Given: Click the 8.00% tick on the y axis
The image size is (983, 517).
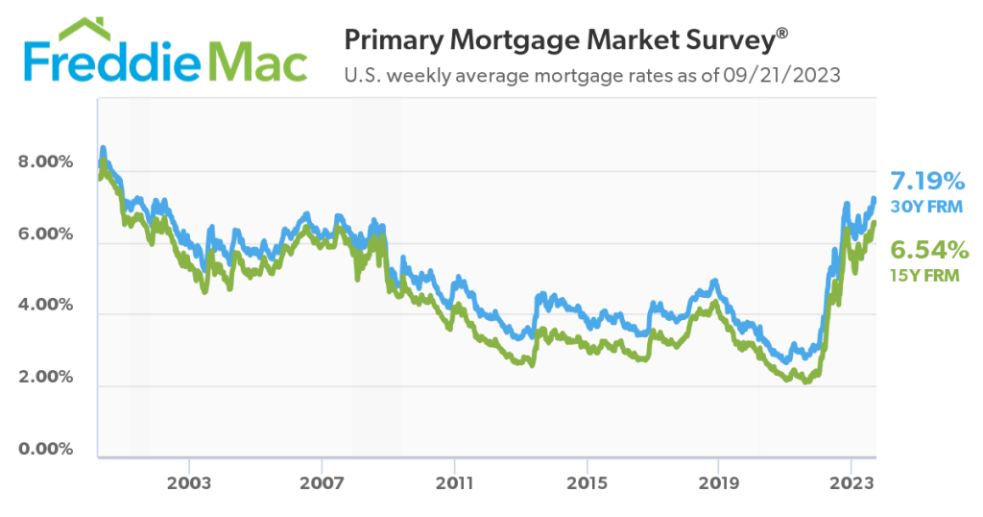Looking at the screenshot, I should [x=45, y=162].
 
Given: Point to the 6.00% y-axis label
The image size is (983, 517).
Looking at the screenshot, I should [x=45, y=234].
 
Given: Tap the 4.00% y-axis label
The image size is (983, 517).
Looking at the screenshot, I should [x=45, y=306].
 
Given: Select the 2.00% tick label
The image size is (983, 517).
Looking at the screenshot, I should [x=45, y=377].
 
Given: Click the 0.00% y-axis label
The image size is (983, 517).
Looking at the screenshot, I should [x=45, y=449].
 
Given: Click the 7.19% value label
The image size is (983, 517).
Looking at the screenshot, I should [x=926, y=181].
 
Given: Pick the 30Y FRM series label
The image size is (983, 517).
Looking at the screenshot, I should [x=926, y=207].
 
